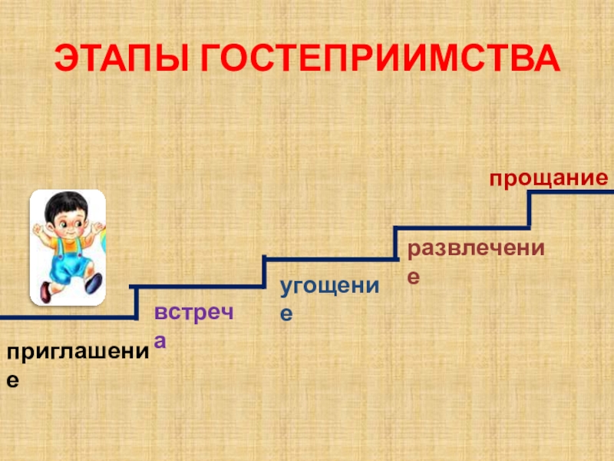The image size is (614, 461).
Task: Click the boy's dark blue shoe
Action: click(x=94, y=284)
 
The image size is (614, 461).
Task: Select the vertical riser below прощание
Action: click(x=530, y=209)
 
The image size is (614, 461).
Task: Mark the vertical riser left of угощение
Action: click(x=264, y=272)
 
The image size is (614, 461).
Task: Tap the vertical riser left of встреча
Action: click(x=136, y=302)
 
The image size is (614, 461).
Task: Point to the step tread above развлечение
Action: click(x=461, y=227)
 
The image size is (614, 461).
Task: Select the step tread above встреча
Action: click(x=200, y=287)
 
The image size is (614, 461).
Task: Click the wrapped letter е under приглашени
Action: click(x=13, y=380)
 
